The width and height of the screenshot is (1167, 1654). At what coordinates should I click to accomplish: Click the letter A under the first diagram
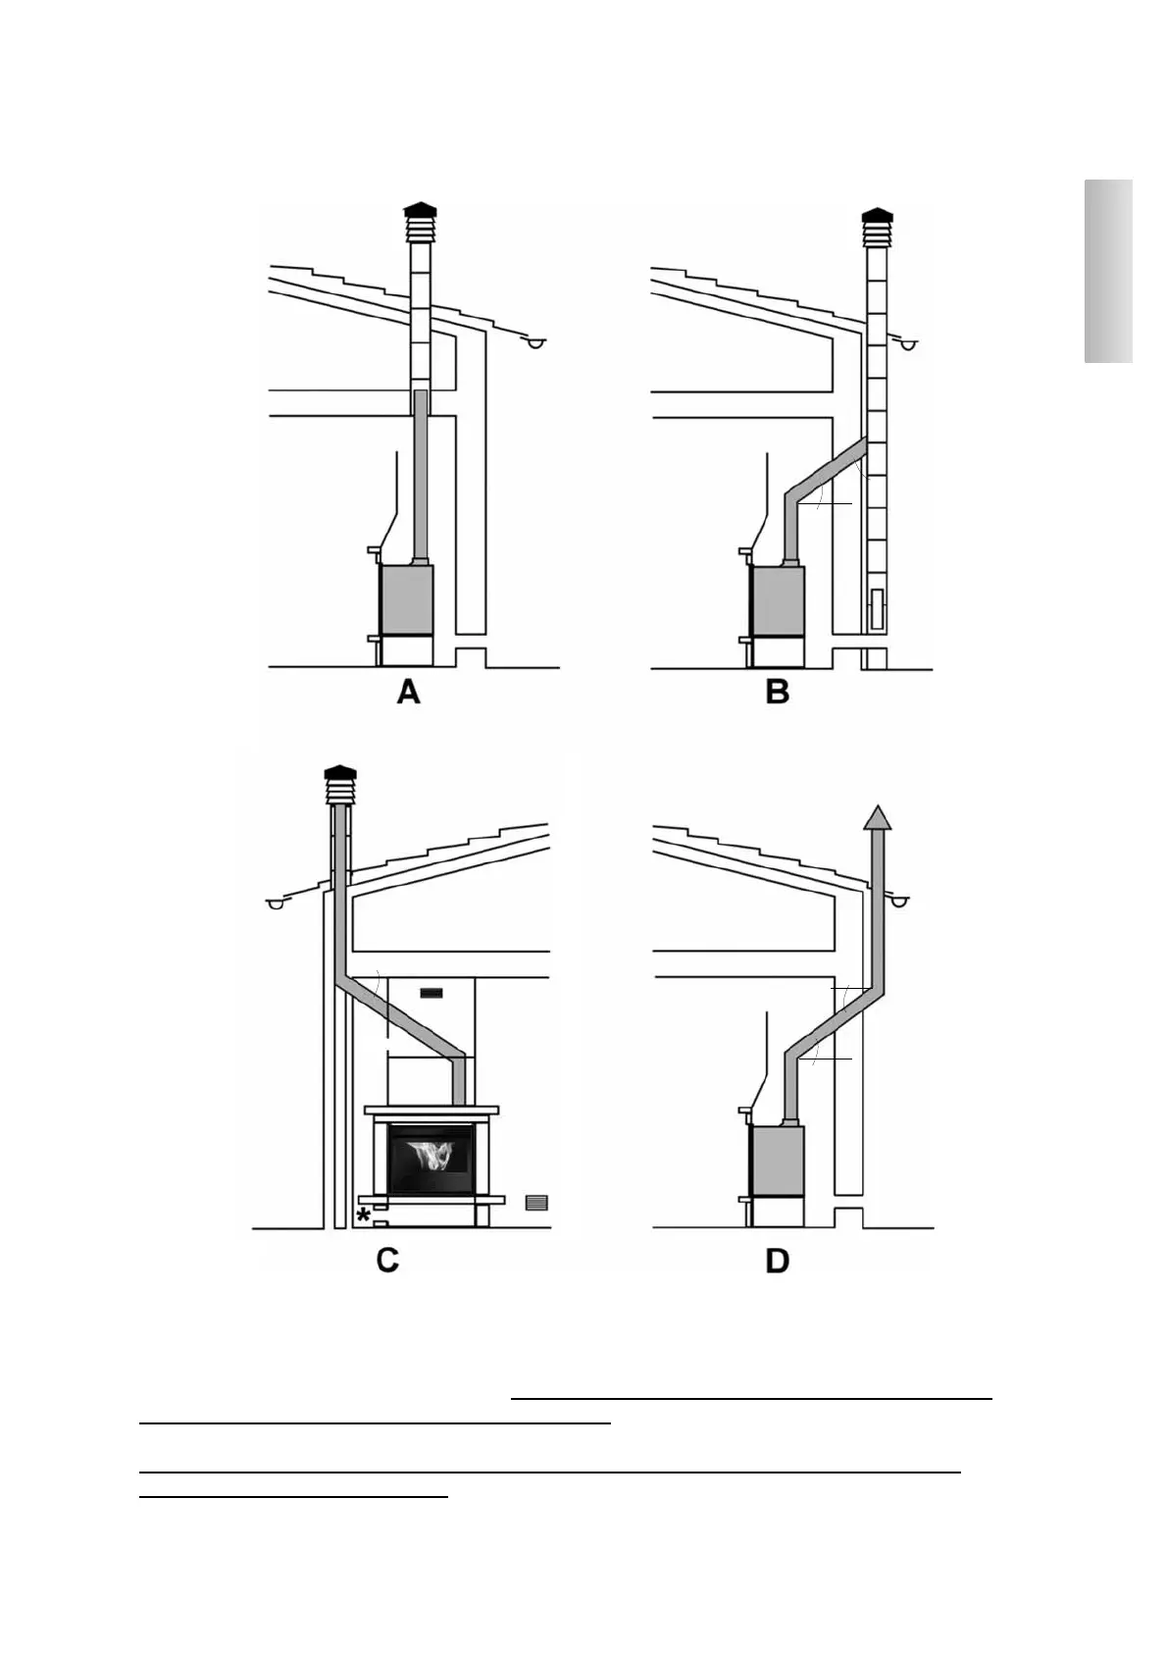(408, 693)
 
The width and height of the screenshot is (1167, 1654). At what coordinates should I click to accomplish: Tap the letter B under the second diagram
(778, 693)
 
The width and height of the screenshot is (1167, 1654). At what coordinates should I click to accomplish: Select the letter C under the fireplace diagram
(387, 1260)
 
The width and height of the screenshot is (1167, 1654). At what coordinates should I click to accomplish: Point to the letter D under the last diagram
(777, 1261)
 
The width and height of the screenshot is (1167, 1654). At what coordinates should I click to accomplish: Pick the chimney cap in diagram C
(340, 784)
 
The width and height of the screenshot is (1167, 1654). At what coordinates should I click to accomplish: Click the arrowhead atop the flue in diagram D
(878, 816)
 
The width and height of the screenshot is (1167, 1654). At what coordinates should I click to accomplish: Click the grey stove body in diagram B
(777, 600)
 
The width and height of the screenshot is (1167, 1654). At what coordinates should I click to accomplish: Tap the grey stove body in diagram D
(777, 1162)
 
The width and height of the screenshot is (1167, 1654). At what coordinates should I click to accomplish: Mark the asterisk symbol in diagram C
(364, 1216)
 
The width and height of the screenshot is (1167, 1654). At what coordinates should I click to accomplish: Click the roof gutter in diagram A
(535, 343)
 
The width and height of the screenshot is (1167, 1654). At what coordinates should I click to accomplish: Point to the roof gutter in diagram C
(277, 904)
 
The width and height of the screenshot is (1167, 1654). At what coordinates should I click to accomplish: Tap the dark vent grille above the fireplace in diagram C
(431, 993)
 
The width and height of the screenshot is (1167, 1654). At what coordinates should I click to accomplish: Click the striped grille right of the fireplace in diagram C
(536, 1203)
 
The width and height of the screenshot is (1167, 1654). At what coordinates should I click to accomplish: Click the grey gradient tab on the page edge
(1108, 272)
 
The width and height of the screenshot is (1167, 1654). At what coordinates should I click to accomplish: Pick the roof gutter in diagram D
(898, 900)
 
